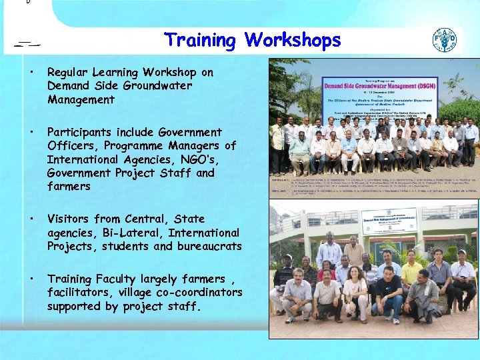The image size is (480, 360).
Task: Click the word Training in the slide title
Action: [x=200, y=40]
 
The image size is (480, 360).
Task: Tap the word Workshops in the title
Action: [x=293, y=40]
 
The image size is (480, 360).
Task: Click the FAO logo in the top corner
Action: [x=445, y=41]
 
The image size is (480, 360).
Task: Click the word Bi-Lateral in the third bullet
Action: [x=134, y=233]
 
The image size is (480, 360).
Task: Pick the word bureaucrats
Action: [x=208, y=247]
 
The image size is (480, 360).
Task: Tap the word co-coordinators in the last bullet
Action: [x=205, y=293]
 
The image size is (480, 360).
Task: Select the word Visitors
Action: [x=69, y=219]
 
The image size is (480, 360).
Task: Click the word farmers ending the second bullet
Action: [x=69, y=187]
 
